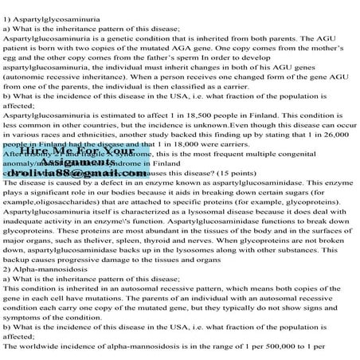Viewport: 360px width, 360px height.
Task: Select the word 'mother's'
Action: click(327, 58)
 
